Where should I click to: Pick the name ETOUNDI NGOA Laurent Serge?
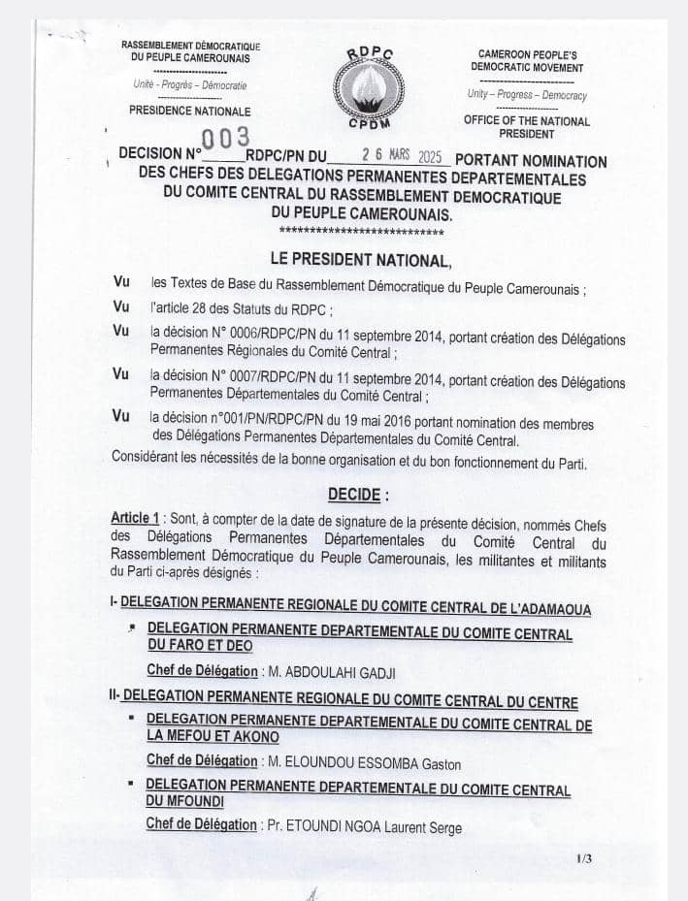coord(373,825)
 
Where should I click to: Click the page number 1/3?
coord(583,858)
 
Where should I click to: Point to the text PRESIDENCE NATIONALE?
coord(189,112)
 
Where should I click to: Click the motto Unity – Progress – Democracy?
coord(527,95)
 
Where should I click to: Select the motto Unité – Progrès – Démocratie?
coord(190,85)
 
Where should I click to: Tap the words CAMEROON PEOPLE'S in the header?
coord(528,54)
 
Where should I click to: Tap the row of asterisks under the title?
coord(361,233)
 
